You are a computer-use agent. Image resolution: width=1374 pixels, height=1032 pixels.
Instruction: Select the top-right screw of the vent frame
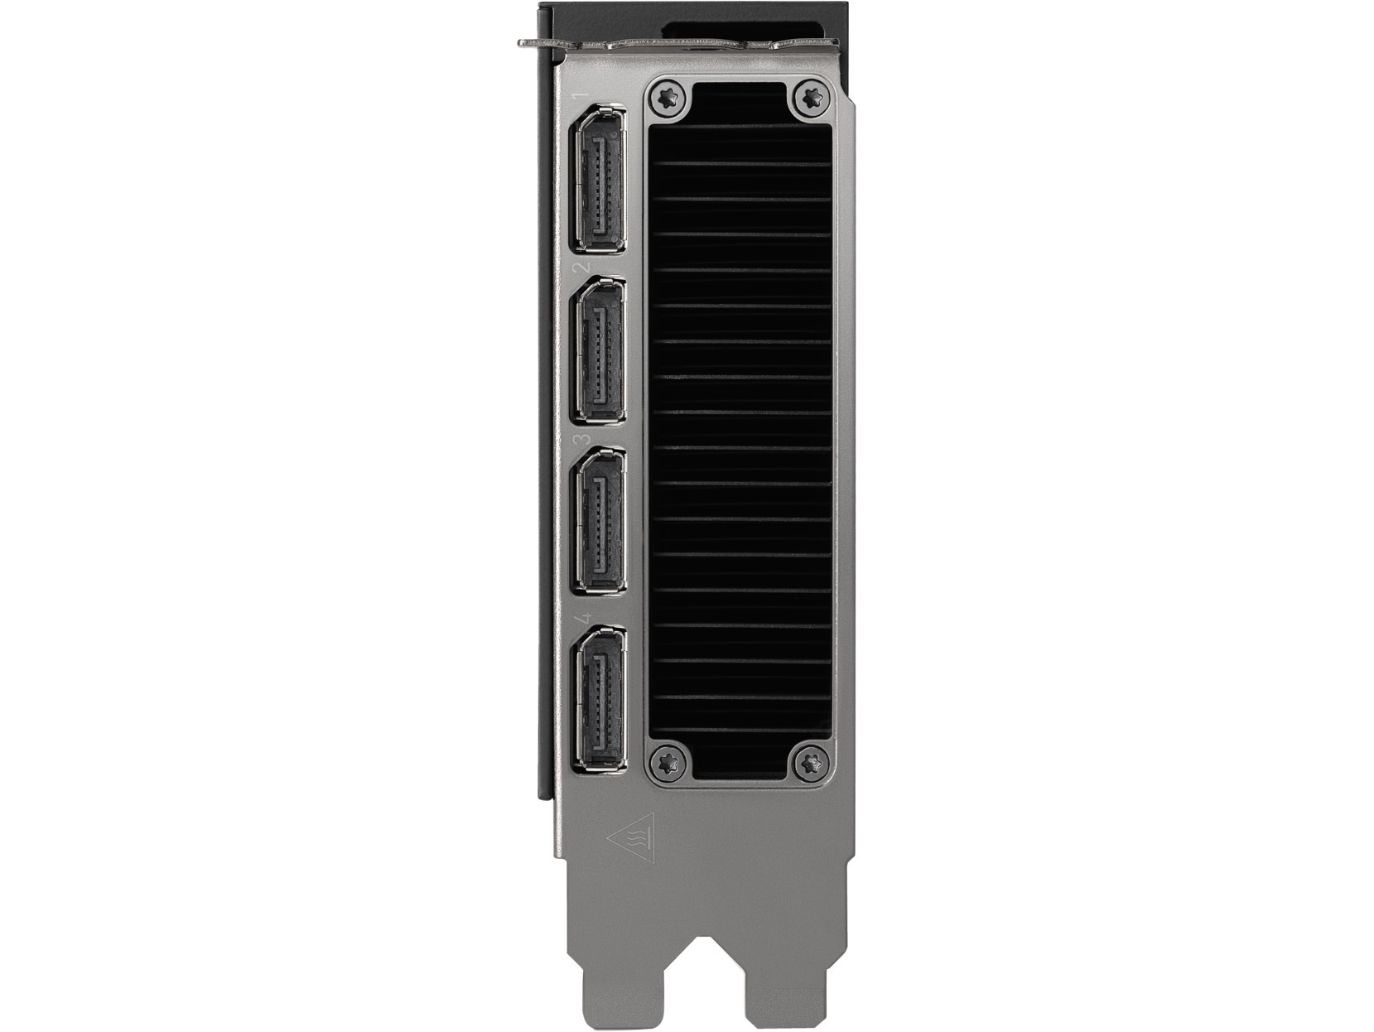tap(812, 97)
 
